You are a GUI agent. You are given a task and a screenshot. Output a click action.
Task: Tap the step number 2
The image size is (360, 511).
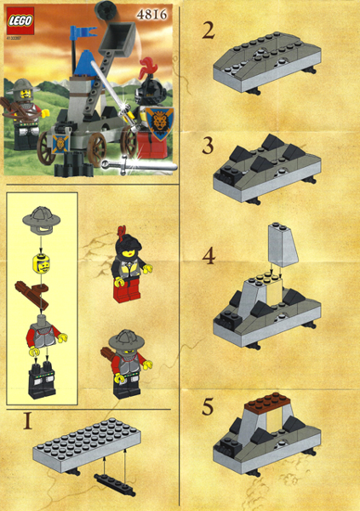pyautogui.click(x=209, y=32)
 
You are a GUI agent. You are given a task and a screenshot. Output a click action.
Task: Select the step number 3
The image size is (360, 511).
pyautogui.click(x=209, y=144)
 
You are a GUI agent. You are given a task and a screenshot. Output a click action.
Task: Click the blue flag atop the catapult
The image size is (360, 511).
pyautogui.click(x=84, y=33)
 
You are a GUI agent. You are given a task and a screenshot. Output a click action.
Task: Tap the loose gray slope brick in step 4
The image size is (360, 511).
pyautogui.click(x=282, y=247)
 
